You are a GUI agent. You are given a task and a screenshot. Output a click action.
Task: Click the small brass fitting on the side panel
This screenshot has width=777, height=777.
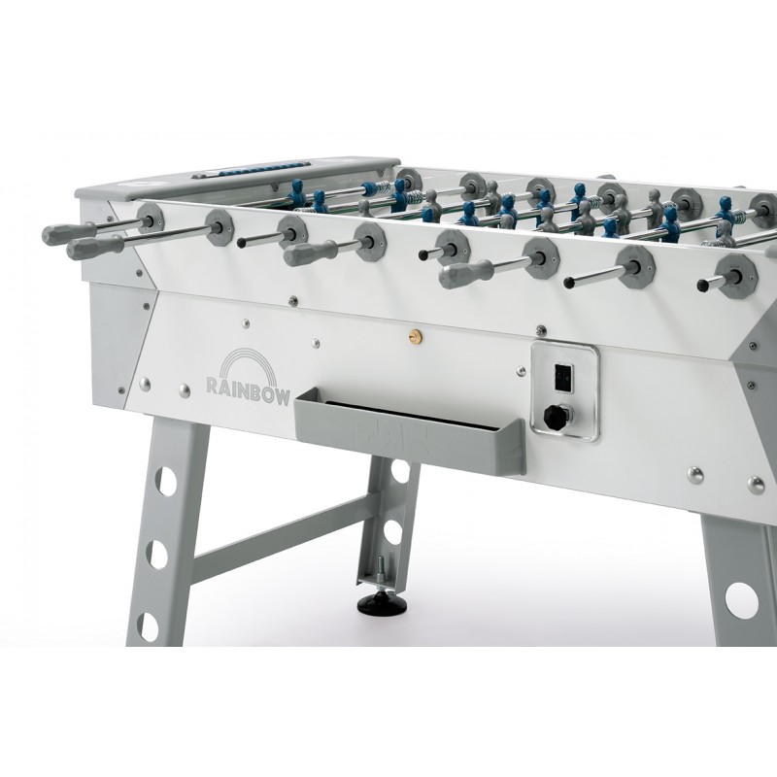pyautogui.click(x=413, y=337)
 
